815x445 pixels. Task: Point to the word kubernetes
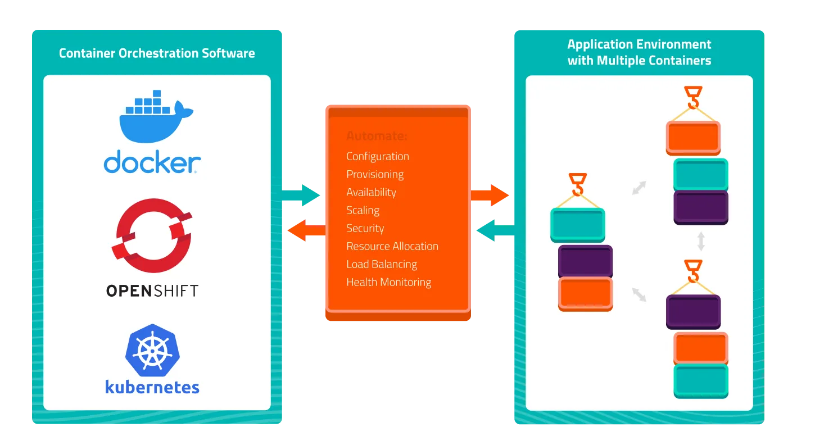coord(152,387)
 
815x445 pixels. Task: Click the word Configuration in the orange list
coord(378,156)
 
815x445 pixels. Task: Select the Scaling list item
coord(363,210)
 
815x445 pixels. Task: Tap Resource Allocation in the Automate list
coord(392,246)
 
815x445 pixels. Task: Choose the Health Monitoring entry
coord(388,282)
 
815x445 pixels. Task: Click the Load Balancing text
coord(382,264)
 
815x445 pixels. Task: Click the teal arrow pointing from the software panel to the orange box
coord(304,195)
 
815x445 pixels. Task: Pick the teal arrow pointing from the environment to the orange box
coord(493,230)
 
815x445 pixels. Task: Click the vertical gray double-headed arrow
coord(701,242)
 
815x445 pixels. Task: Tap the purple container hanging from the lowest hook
coord(693,311)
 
